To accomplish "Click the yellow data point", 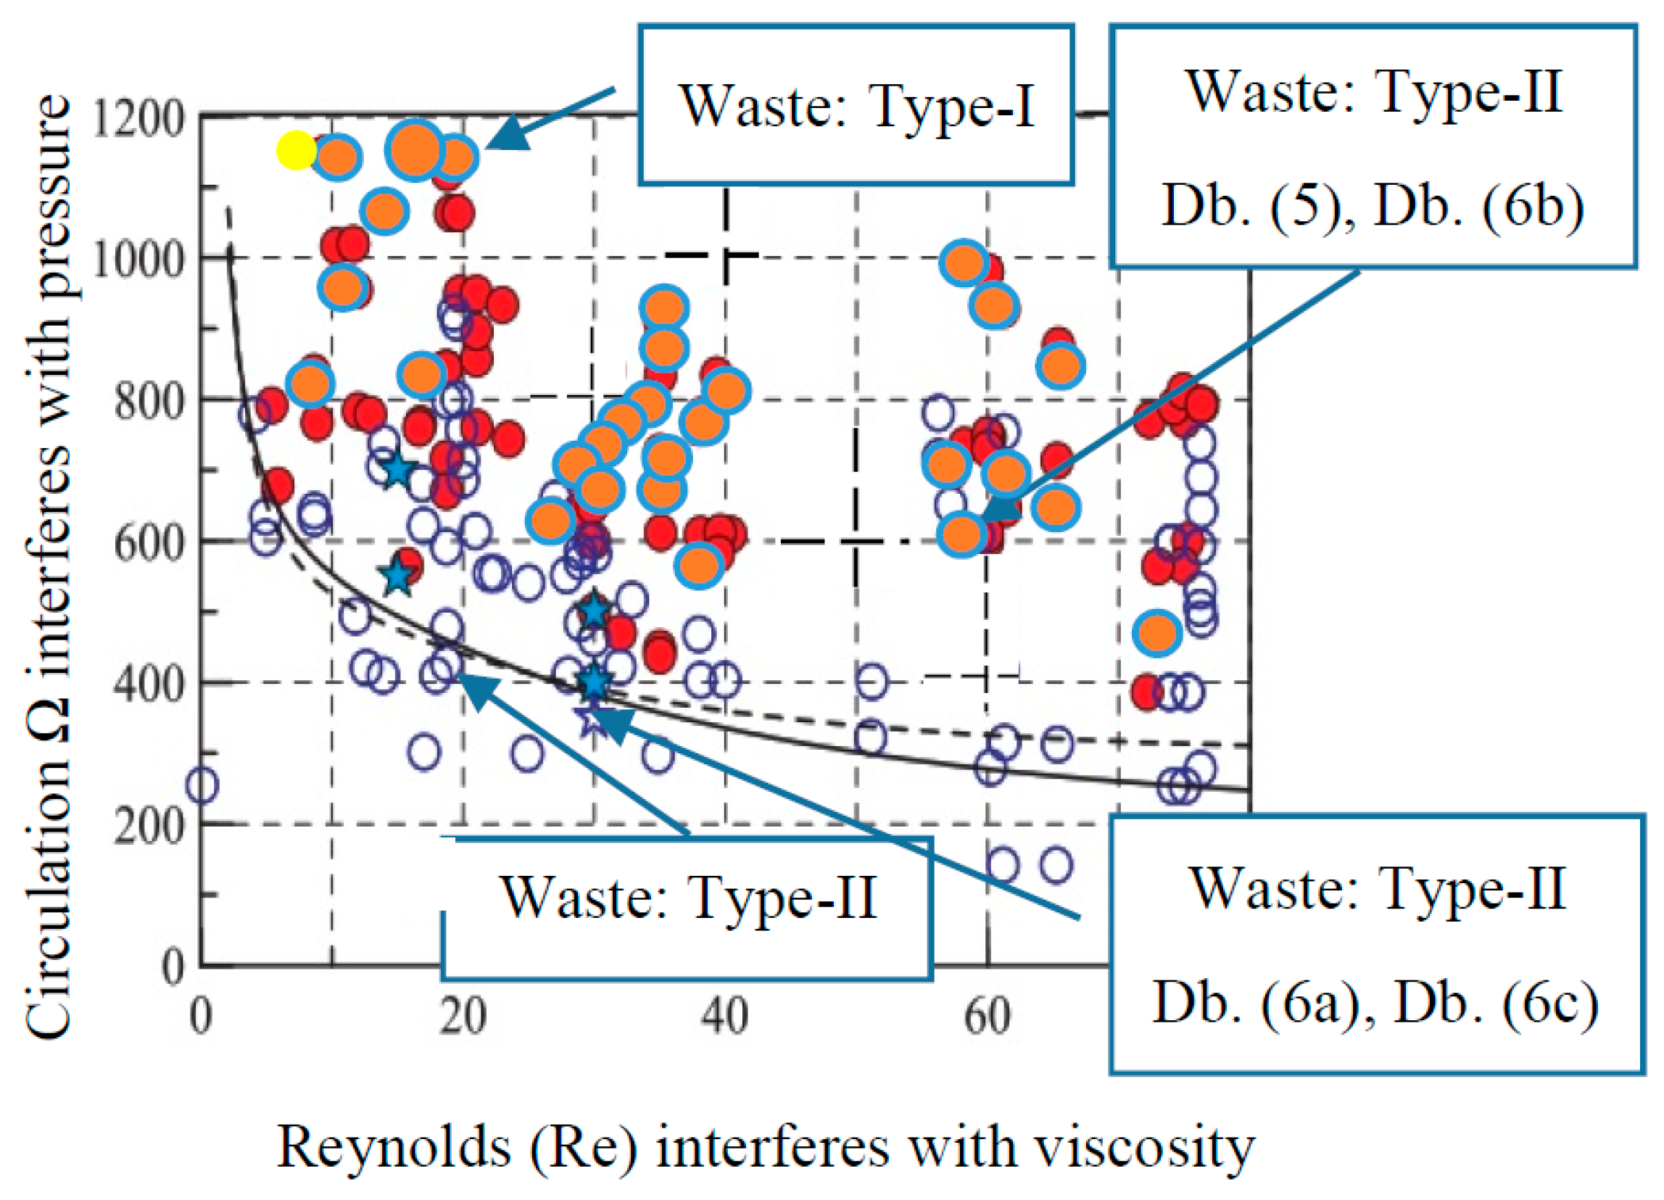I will click(x=297, y=150).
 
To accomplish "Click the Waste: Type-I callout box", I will click(x=856, y=105).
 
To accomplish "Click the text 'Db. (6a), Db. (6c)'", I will click(x=1375, y=1003).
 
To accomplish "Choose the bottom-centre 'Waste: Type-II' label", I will click(x=688, y=898).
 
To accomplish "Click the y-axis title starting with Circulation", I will click(x=49, y=565).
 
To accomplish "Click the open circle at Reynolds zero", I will click(x=202, y=785).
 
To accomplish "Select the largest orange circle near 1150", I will click(x=415, y=149).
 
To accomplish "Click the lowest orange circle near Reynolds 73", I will click(x=1157, y=632).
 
